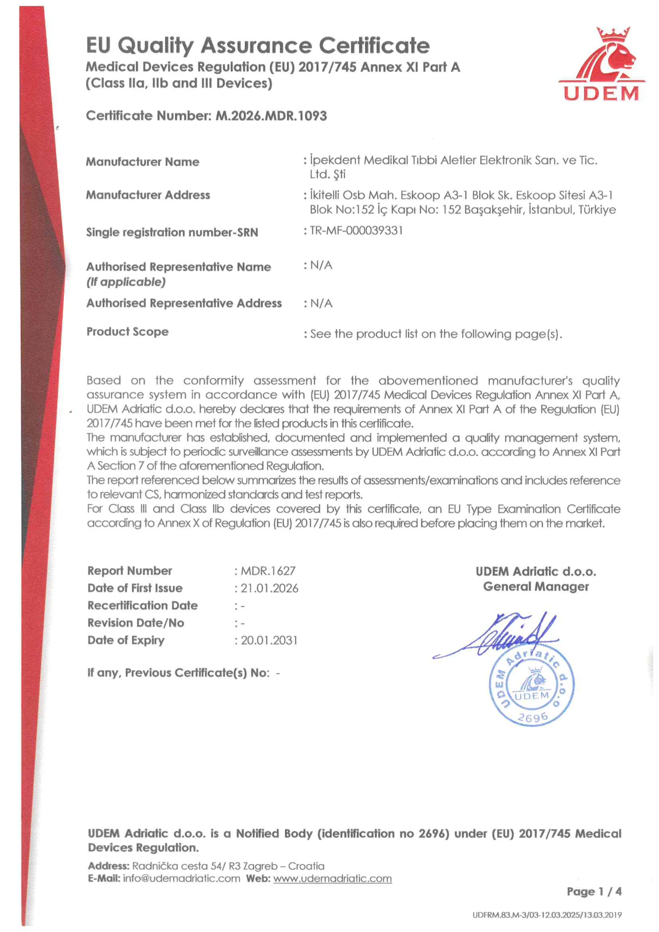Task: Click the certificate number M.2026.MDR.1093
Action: (271, 116)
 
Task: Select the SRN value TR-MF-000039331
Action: (356, 230)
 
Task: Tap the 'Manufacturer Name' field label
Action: (142, 162)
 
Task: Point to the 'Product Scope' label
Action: (127, 332)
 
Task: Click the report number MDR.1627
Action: (268, 571)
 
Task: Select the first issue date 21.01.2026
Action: (269, 588)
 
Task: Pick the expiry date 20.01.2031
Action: (269, 640)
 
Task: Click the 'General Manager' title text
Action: (536, 587)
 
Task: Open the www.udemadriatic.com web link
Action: (332, 878)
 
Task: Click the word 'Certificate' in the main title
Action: (374, 46)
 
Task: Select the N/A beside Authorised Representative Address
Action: (321, 303)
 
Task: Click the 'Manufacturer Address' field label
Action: (148, 195)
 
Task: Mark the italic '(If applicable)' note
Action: (126, 282)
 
